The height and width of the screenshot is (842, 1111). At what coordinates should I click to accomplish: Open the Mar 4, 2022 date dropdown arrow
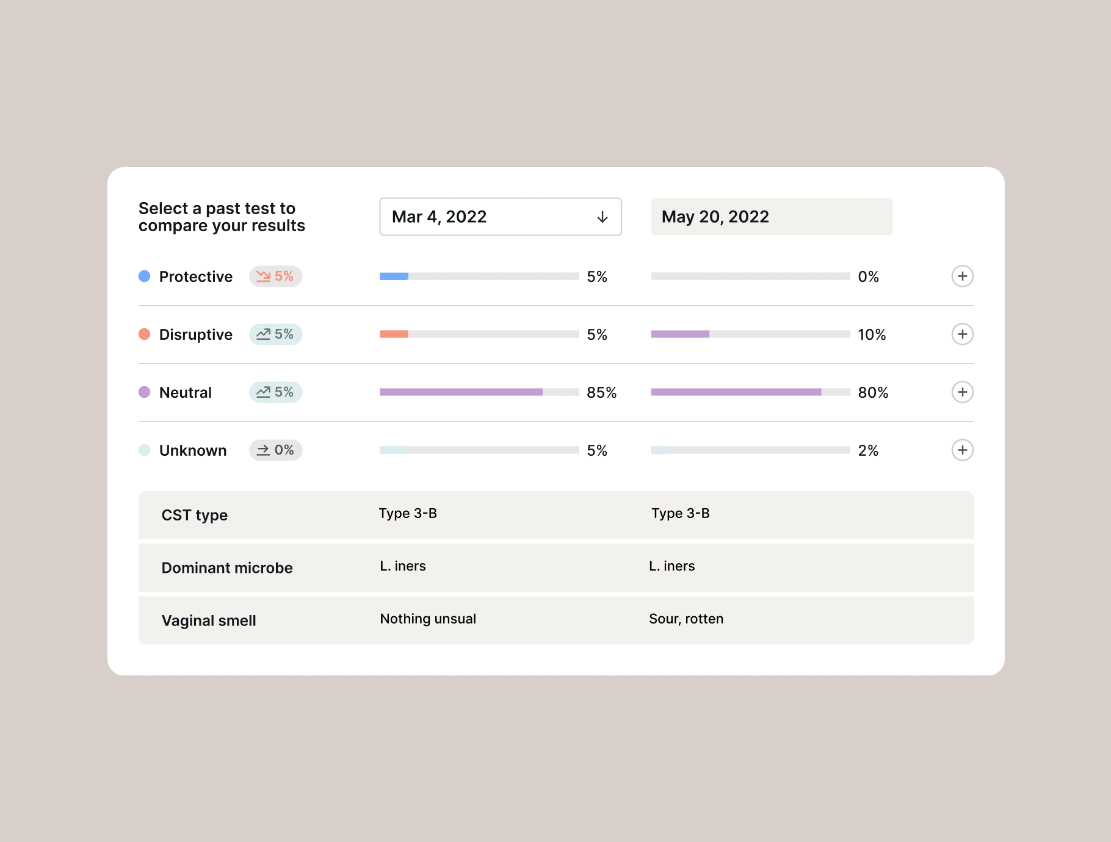point(603,217)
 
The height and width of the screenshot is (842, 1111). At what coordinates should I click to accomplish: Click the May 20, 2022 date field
point(772,217)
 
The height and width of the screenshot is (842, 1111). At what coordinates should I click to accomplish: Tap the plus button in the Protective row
point(962,276)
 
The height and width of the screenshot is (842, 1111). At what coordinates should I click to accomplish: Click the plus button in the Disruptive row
point(962,334)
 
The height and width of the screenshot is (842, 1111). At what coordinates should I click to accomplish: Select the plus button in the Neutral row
point(962,392)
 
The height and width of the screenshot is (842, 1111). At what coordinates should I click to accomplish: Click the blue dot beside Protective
point(145,276)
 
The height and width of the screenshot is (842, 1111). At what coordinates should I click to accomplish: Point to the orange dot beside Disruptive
point(145,334)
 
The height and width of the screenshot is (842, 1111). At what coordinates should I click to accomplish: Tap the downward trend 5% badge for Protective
point(275,276)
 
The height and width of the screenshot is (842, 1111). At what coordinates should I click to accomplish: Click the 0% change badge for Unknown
point(275,450)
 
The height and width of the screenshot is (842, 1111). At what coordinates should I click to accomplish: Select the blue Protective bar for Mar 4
point(394,276)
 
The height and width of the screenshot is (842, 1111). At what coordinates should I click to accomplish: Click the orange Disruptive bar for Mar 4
point(394,334)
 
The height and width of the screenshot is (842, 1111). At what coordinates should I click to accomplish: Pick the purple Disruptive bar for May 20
point(680,334)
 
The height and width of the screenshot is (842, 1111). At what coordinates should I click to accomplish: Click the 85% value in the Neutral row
point(601,392)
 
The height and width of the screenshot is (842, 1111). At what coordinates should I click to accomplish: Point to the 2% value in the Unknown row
point(868,450)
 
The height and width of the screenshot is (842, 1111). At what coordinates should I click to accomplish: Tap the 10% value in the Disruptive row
point(872,334)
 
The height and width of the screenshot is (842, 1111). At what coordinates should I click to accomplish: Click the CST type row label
point(195,515)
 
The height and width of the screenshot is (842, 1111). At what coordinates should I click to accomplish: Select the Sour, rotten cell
point(686,619)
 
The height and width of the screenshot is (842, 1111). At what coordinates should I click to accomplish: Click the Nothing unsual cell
point(428,619)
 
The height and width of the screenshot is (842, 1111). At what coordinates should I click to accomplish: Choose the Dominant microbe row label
point(227,568)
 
